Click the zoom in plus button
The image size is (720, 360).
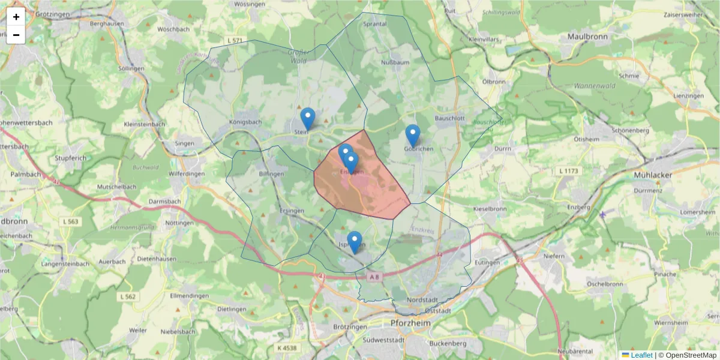[x=16, y=17]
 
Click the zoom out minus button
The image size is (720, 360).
[x=16, y=35]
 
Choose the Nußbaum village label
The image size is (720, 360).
[x=395, y=62]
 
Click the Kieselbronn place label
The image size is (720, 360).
[x=490, y=209]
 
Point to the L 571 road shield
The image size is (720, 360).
[x=235, y=41]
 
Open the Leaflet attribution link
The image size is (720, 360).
[x=641, y=355]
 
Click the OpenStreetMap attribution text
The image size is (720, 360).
[x=688, y=355]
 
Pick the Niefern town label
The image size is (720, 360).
[x=554, y=256]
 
